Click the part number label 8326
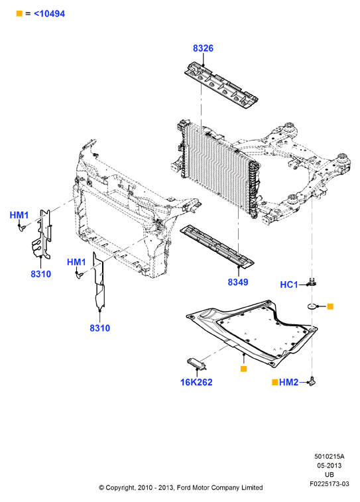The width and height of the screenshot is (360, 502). (203, 48)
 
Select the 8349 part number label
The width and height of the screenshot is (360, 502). (238, 282)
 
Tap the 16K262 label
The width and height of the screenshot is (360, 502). (196, 382)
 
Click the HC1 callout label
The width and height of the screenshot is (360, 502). (288, 284)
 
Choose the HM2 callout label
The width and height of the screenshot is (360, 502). (288, 382)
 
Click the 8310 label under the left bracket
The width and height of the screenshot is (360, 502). (40, 274)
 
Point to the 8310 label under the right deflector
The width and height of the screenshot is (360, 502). (99, 328)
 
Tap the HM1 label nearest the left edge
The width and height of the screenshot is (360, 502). (19, 215)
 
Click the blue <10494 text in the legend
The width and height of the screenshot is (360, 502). (49, 14)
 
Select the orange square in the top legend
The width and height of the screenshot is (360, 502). (19, 13)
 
